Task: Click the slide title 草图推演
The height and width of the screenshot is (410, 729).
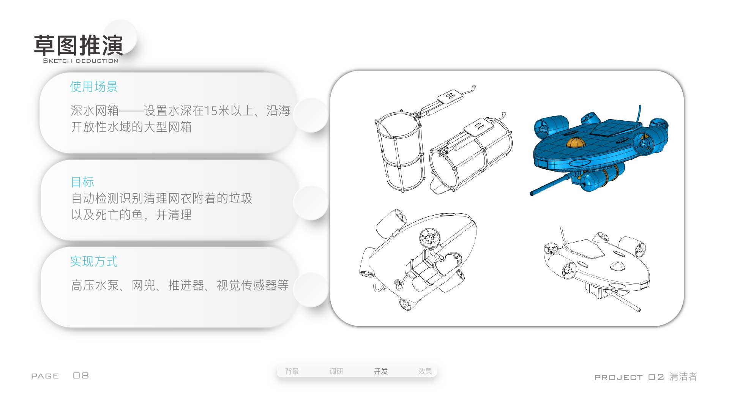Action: (79, 46)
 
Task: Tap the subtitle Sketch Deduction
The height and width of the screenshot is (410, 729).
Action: (80, 61)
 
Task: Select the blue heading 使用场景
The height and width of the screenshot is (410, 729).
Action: (94, 87)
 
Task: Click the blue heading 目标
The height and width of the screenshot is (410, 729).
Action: (82, 182)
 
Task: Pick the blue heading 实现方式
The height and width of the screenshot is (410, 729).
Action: (94, 262)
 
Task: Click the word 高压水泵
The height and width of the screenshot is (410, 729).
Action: (95, 285)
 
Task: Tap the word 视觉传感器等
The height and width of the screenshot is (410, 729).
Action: (252, 285)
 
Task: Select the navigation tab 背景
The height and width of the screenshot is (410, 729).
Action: (292, 371)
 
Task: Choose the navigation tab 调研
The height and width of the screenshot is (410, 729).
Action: (336, 371)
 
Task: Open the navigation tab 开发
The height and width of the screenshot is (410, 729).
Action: (381, 371)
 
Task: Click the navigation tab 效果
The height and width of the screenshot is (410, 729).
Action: (425, 371)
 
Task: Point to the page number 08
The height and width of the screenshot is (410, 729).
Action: (81, 375)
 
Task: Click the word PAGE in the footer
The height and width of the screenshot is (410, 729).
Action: (45, 376)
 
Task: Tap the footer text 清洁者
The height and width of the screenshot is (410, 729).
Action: (683, 377)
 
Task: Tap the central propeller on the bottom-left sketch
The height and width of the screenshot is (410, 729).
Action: (429, 238)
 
